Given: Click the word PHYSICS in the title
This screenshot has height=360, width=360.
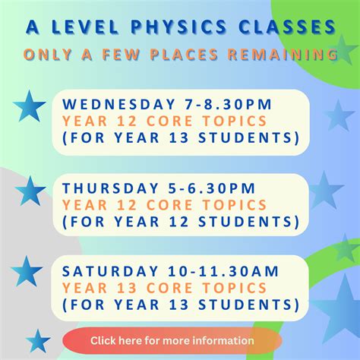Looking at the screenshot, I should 176,27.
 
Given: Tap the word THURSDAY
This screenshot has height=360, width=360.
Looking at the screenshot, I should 103,188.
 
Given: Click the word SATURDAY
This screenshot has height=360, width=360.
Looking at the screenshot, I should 103,271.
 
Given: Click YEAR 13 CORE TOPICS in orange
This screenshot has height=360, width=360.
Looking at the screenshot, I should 165,289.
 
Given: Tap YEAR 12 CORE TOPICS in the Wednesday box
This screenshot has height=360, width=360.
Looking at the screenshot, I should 165,121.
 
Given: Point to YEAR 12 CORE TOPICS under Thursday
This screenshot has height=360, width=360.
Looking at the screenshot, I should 165,205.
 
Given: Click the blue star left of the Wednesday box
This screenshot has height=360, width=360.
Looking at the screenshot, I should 30,106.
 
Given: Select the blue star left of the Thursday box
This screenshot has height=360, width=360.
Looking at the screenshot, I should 30,191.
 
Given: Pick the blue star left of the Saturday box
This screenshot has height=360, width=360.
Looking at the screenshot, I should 27,271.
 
